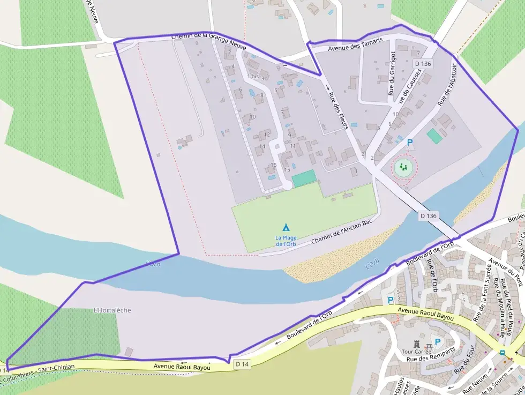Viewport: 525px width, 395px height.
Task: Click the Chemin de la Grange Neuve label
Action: pos(209,42)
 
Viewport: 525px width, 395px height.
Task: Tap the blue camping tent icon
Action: pos(286,228)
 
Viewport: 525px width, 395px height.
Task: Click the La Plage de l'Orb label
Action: pos(286,241)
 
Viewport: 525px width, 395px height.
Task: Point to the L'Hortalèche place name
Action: pos(112,310)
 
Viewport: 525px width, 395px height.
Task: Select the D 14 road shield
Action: pos(242,364)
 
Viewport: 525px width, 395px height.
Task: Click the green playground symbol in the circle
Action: pos(404,167)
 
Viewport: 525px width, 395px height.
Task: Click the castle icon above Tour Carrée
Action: pos(416,343)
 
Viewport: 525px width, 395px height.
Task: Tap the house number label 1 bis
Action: pos(252,77)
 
